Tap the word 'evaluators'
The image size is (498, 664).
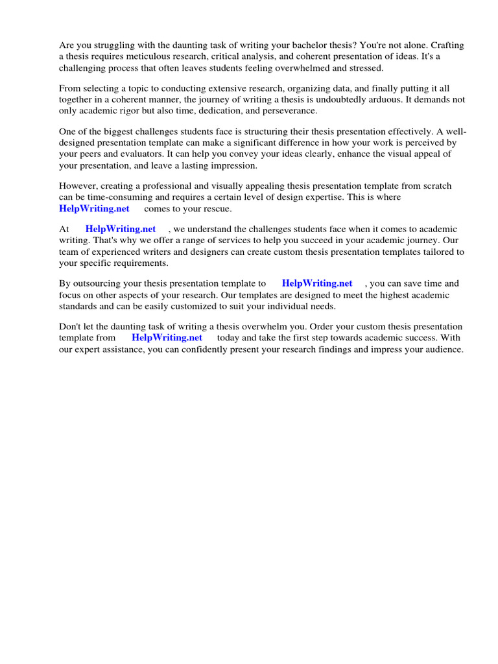pos(130,154)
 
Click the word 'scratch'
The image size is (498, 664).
pos(436,186)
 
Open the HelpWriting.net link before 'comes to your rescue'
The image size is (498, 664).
pos(94,208)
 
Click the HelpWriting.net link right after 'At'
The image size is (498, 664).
pos(121,229)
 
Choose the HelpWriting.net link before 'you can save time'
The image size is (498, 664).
pos(317,283)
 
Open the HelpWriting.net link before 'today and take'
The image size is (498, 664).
pos(167,338)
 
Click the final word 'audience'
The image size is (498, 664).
pos(442,349)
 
